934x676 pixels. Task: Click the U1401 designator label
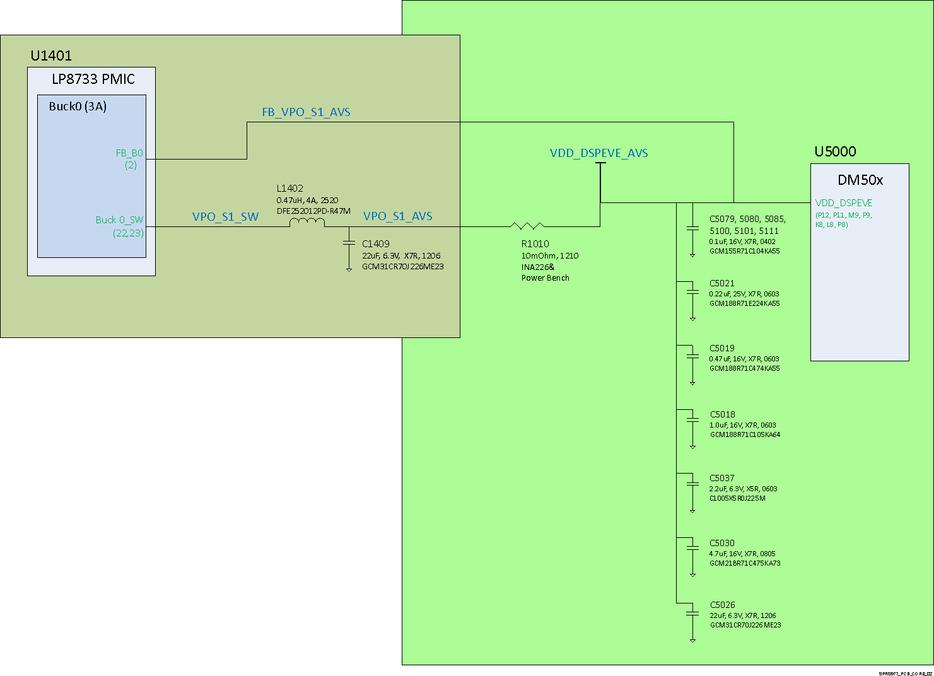pyautogui.click(x=51, y=55)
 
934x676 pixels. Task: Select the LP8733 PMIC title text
pyautogui.click(x=93, y=79)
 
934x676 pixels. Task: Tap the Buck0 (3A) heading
pyautogui.click(x=78, y=107)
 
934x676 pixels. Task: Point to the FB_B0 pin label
pyautogui.click(x=129, y=153)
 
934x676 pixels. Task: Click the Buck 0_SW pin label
pyautogui.click(x=119, y=220)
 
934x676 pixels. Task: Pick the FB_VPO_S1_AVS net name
pyautogui.click(x=306, y=112)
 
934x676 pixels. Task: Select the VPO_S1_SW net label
pyautogui.click(x=225, y=217)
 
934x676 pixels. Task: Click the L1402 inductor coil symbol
pyautogui.click(x=307, y=223)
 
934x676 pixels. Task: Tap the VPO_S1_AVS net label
pyautogui.click(x=397, y=216)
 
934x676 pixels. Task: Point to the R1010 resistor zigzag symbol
pyautogui.click(x=527, y=226)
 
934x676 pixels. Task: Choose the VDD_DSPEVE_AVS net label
pyautogui.click(x=598, y=153)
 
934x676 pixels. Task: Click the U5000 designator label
pyautogui.click(x=835, y=151)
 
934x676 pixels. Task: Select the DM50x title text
pyautogui.click(x=860, y=180)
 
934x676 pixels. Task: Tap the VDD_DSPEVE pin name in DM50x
pyautogui.click(x=844, y=203)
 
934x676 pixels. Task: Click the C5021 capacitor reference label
pyautogui.click(x=721, y=284)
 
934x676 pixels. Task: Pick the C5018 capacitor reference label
pyautogui.click(x=722, y=414)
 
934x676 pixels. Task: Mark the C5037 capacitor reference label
pyautogui.click(x=721, y=478)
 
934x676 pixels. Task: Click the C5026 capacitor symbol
pyautogui.click(x=692, y=613)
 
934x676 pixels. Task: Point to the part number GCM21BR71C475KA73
pyautogui.click(x=745, y=564)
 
